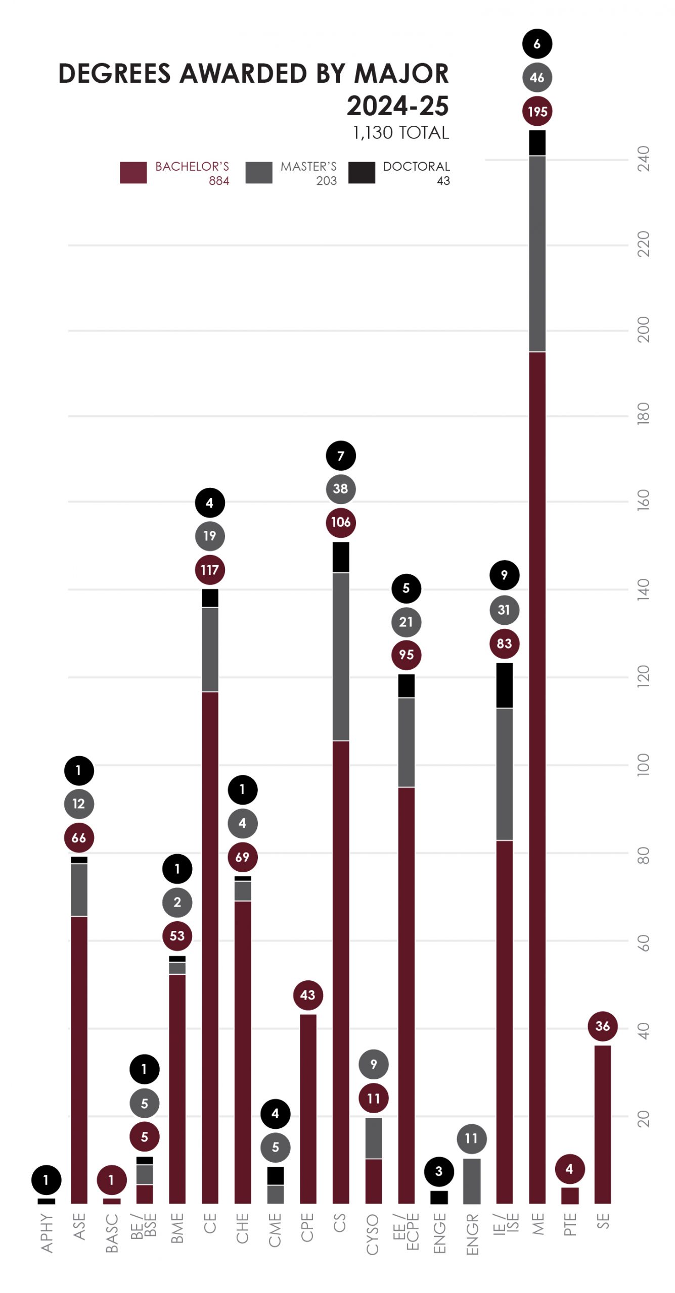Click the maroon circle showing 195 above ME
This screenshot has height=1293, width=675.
tap(537, 111)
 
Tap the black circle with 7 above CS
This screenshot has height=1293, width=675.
tap(340, 456)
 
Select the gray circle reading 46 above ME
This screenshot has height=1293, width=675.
tap(537, 77)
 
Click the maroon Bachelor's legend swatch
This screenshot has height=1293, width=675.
tap(133, 172)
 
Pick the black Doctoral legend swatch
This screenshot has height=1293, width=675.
tap(362, 172)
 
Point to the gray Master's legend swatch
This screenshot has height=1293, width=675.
tap(258, 172)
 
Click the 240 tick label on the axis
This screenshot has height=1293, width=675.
tap(643, 159)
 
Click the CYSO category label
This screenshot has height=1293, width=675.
tap(373, 1234)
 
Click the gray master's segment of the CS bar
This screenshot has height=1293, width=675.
tap(341, 656)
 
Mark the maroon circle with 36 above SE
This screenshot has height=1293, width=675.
tap(602, 1026)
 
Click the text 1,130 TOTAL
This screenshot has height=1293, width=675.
tap(400, 133)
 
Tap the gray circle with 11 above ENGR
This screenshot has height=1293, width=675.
tap(471, 1138)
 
